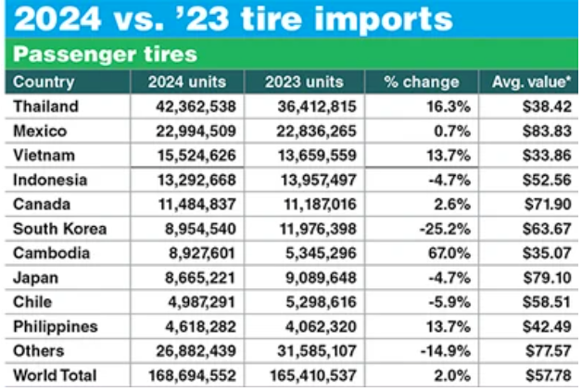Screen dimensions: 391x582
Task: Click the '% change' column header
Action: tap(422, 82)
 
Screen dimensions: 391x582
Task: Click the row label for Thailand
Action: tap(46, 107)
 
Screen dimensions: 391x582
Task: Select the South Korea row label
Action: tap(61, 228)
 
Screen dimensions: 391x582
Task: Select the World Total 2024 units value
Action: tap(191, 375)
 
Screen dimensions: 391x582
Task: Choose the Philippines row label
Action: tap(56, 326)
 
